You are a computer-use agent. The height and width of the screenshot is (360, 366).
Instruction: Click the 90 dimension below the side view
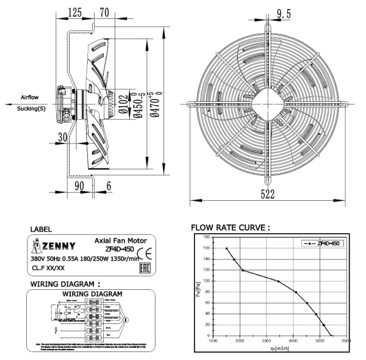[79, 185]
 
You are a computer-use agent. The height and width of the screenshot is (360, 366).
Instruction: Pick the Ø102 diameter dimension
[123, 102]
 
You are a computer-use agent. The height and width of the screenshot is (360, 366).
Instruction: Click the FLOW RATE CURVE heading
[231, 228]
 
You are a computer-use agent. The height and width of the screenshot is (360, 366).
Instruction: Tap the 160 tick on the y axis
[206, 237]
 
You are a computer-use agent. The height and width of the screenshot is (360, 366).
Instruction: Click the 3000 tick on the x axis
[266, 341]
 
